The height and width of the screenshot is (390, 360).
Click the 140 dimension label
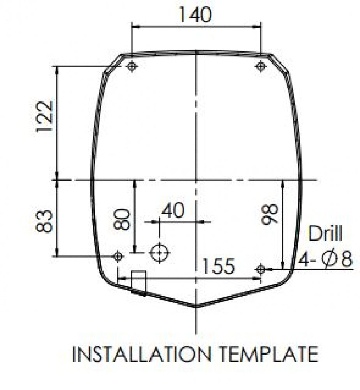click(195, 15)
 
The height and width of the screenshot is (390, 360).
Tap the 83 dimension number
click(45, 221)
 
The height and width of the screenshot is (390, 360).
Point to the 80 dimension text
click(122, 219)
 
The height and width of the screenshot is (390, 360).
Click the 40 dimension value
click(173, 211)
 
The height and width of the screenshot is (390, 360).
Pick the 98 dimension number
click(270, 214)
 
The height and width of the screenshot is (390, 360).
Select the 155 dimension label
click(219, 266)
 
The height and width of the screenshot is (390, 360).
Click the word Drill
click(325, 233)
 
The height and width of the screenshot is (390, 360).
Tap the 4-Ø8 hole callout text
click(325, 259)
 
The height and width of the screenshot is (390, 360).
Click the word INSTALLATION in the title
click(142, 354)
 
